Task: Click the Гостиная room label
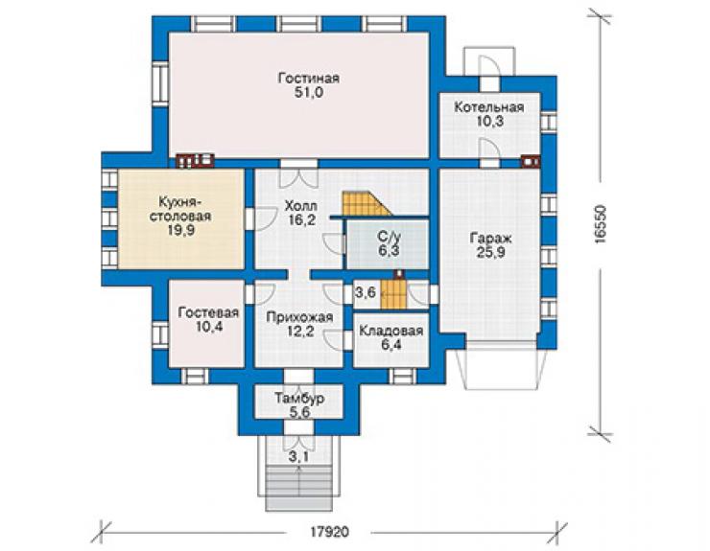pos(308,79)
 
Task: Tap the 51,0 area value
pos(308,93)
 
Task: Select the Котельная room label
pos(489,107)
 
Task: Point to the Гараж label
pos(490,238)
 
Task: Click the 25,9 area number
pos(490,252)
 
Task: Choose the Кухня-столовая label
pos(180,209)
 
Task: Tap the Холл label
pos(300,206)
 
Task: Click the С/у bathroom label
pos(389,236)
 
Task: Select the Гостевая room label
pos(208,312)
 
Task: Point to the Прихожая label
pos(299,317)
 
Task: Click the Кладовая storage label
pos(391,331)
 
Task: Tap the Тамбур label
pos(299,399)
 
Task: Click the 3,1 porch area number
pos(298,457)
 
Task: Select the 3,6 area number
pos(366,292)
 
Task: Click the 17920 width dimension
pos(330,532)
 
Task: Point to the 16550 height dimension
pos(601,225)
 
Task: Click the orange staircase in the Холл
pos(367,204)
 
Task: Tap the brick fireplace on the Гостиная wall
pos(195,161)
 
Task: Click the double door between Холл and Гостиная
pos(298,173)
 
